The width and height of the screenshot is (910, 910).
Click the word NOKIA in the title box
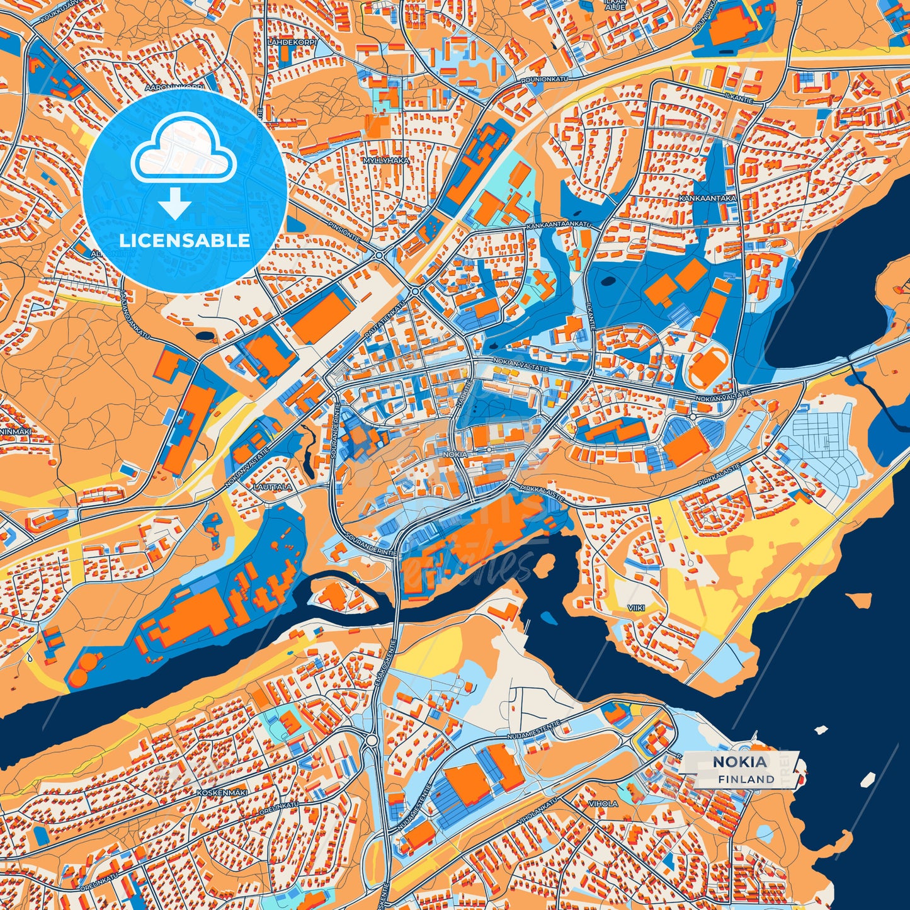click(x=740, y=762)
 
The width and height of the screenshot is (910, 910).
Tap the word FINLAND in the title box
click(x=746, y=779)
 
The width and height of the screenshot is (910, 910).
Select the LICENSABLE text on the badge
click(x=185, y=241)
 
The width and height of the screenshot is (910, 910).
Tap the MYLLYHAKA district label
click(x=386, y=161)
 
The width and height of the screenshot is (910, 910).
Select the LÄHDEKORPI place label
click(x=291, y=42)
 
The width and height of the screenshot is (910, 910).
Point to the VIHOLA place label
click(x=603, y=804)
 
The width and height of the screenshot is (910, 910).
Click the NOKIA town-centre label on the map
click(x=455, y=454)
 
